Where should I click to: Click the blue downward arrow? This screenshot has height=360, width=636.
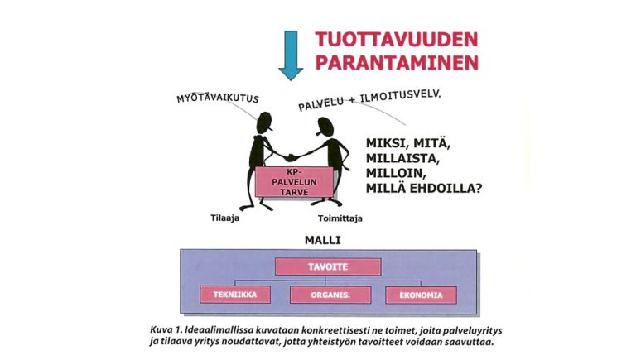click(291, 55)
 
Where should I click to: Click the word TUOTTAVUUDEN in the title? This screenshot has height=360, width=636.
click(397, 40)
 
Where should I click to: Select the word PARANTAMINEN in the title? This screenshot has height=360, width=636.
click(397, 62)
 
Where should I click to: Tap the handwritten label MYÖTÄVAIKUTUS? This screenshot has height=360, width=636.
click(218, 98)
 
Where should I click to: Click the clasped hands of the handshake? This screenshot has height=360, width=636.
click(291, 156)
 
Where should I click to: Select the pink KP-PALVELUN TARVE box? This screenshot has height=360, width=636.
click(294, 182)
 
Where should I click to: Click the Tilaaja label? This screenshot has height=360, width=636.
click(224, 218)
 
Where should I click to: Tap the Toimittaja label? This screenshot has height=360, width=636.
click(340, 218)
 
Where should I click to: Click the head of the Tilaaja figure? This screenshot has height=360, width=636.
click(264, 122)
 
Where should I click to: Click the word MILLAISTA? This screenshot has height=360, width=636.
click(402, 158)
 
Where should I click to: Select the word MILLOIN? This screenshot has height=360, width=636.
click(396, 173)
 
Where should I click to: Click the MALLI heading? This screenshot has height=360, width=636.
click(322, 240)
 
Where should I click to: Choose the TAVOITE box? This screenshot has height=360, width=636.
click(328, 266)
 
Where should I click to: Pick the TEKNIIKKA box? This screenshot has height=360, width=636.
click(235, 295)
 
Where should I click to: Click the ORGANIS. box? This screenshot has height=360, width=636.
click(330, 295)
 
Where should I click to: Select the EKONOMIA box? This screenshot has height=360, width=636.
click(421, 295)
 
